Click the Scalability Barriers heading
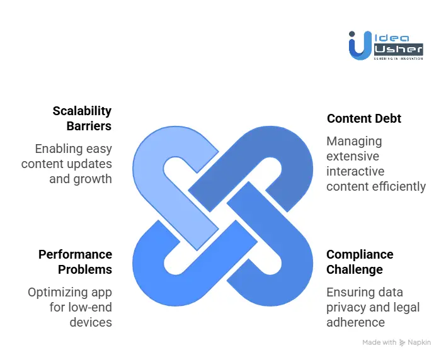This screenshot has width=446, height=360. tap(82, 118)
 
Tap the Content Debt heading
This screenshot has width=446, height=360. tap(364, 118)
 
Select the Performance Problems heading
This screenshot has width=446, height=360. tap(75, 262)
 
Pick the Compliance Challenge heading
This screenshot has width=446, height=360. tap(360, 262)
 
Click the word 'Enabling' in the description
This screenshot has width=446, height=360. tap(59, 149)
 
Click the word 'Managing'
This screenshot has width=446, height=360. tap(354, 142)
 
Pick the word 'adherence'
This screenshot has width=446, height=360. tap(355, 322)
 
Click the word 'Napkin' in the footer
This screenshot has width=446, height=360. tap(420, 342)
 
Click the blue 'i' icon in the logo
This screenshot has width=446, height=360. tap(357, 45)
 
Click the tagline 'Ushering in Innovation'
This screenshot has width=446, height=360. tap(398, 59)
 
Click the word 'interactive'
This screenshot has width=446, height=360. tap(355, 171)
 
